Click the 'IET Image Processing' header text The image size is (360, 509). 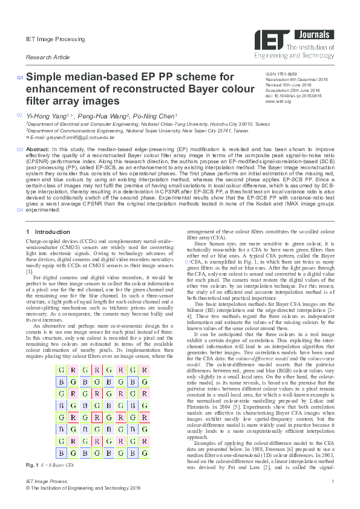pyautogui.click(x=47, y=39)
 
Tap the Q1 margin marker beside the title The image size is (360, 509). pyautogui.click(x=20, y=77)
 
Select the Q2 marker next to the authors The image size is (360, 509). pyautogui.click(x=20, y=115)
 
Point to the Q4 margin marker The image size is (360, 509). pyautogui.click(x=20, y=210)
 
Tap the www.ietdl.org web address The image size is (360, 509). pyautogui.click(x=278, y=102)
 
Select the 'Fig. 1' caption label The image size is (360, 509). pyautogui.click(x=31, y=464)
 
